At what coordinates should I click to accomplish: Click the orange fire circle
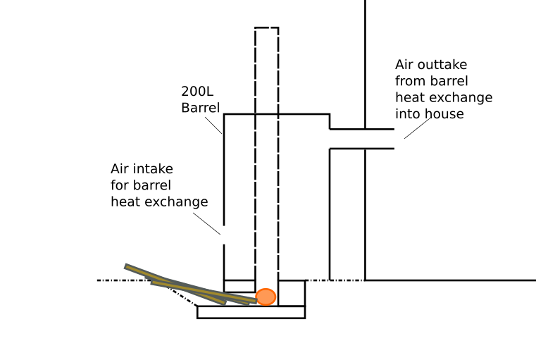click(x=266, y=297)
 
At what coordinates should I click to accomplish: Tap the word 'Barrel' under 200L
click(x=200, y=108)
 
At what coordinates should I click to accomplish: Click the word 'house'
click(x=444, y=113)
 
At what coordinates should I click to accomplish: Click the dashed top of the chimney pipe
click(x=266, y=28)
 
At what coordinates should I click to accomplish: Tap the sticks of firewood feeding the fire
click(x=190, y=286)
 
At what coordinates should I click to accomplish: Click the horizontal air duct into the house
click(x=361, y=139)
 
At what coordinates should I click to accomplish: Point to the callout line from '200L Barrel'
click(x=214, y=124)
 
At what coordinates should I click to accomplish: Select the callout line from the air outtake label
click(x=417, y=128)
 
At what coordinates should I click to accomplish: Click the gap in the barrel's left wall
click(x=224, y=240)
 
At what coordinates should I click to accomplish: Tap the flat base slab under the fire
click(x=251, y=312)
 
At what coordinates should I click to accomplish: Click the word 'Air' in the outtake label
click(x=406, y=65)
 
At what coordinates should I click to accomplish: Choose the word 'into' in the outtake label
click(x=408, y=113)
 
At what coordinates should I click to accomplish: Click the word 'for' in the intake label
click(x=120, y=185)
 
